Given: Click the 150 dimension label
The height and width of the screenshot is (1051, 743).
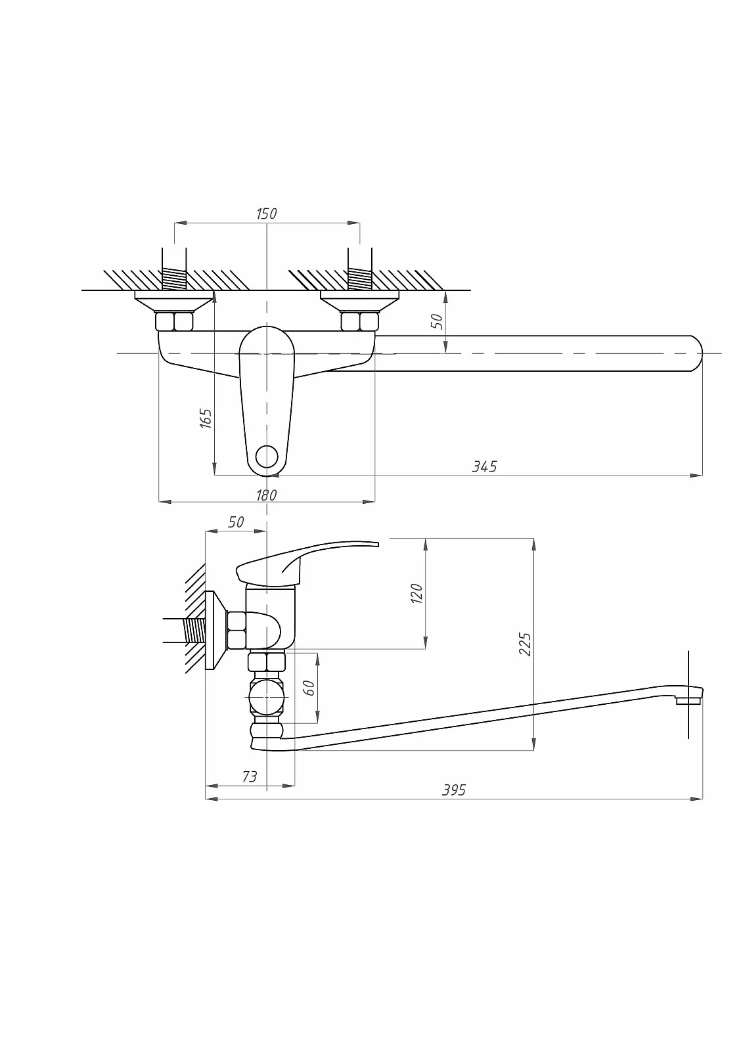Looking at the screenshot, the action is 267,213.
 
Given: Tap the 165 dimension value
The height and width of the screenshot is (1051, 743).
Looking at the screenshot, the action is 206,418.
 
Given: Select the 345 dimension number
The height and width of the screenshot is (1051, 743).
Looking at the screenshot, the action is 484,466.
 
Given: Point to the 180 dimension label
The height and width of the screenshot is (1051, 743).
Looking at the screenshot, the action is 267,495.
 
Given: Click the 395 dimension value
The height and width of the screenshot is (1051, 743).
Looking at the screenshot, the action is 454,790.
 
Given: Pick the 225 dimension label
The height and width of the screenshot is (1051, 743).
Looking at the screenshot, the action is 525,644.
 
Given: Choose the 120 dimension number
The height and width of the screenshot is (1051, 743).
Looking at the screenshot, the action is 417,594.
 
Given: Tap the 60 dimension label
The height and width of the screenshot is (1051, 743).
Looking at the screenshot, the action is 309,687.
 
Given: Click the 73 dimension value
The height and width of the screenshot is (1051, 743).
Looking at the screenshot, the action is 250,777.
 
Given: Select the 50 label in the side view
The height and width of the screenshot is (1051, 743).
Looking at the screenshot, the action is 236,522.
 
